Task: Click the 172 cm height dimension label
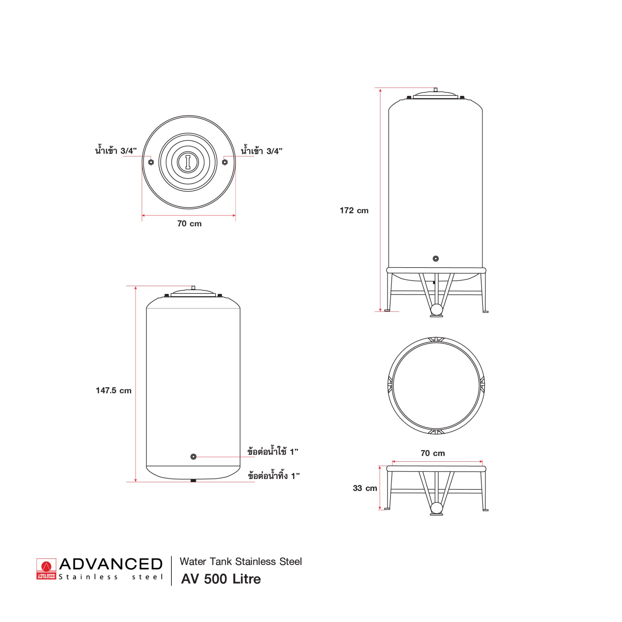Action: coord(354,211)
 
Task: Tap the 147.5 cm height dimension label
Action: coord(114,390)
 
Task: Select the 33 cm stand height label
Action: coord(365,488)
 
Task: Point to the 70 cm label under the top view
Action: coord(190,224)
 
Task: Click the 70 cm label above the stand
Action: coord(433,453)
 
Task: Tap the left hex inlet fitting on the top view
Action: coord(151,162)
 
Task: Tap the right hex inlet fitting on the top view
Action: coord(225,162)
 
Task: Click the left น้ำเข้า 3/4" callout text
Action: coord(116,150)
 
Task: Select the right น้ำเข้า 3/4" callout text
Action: coord(262,150)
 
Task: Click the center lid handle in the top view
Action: coord(188,162)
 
